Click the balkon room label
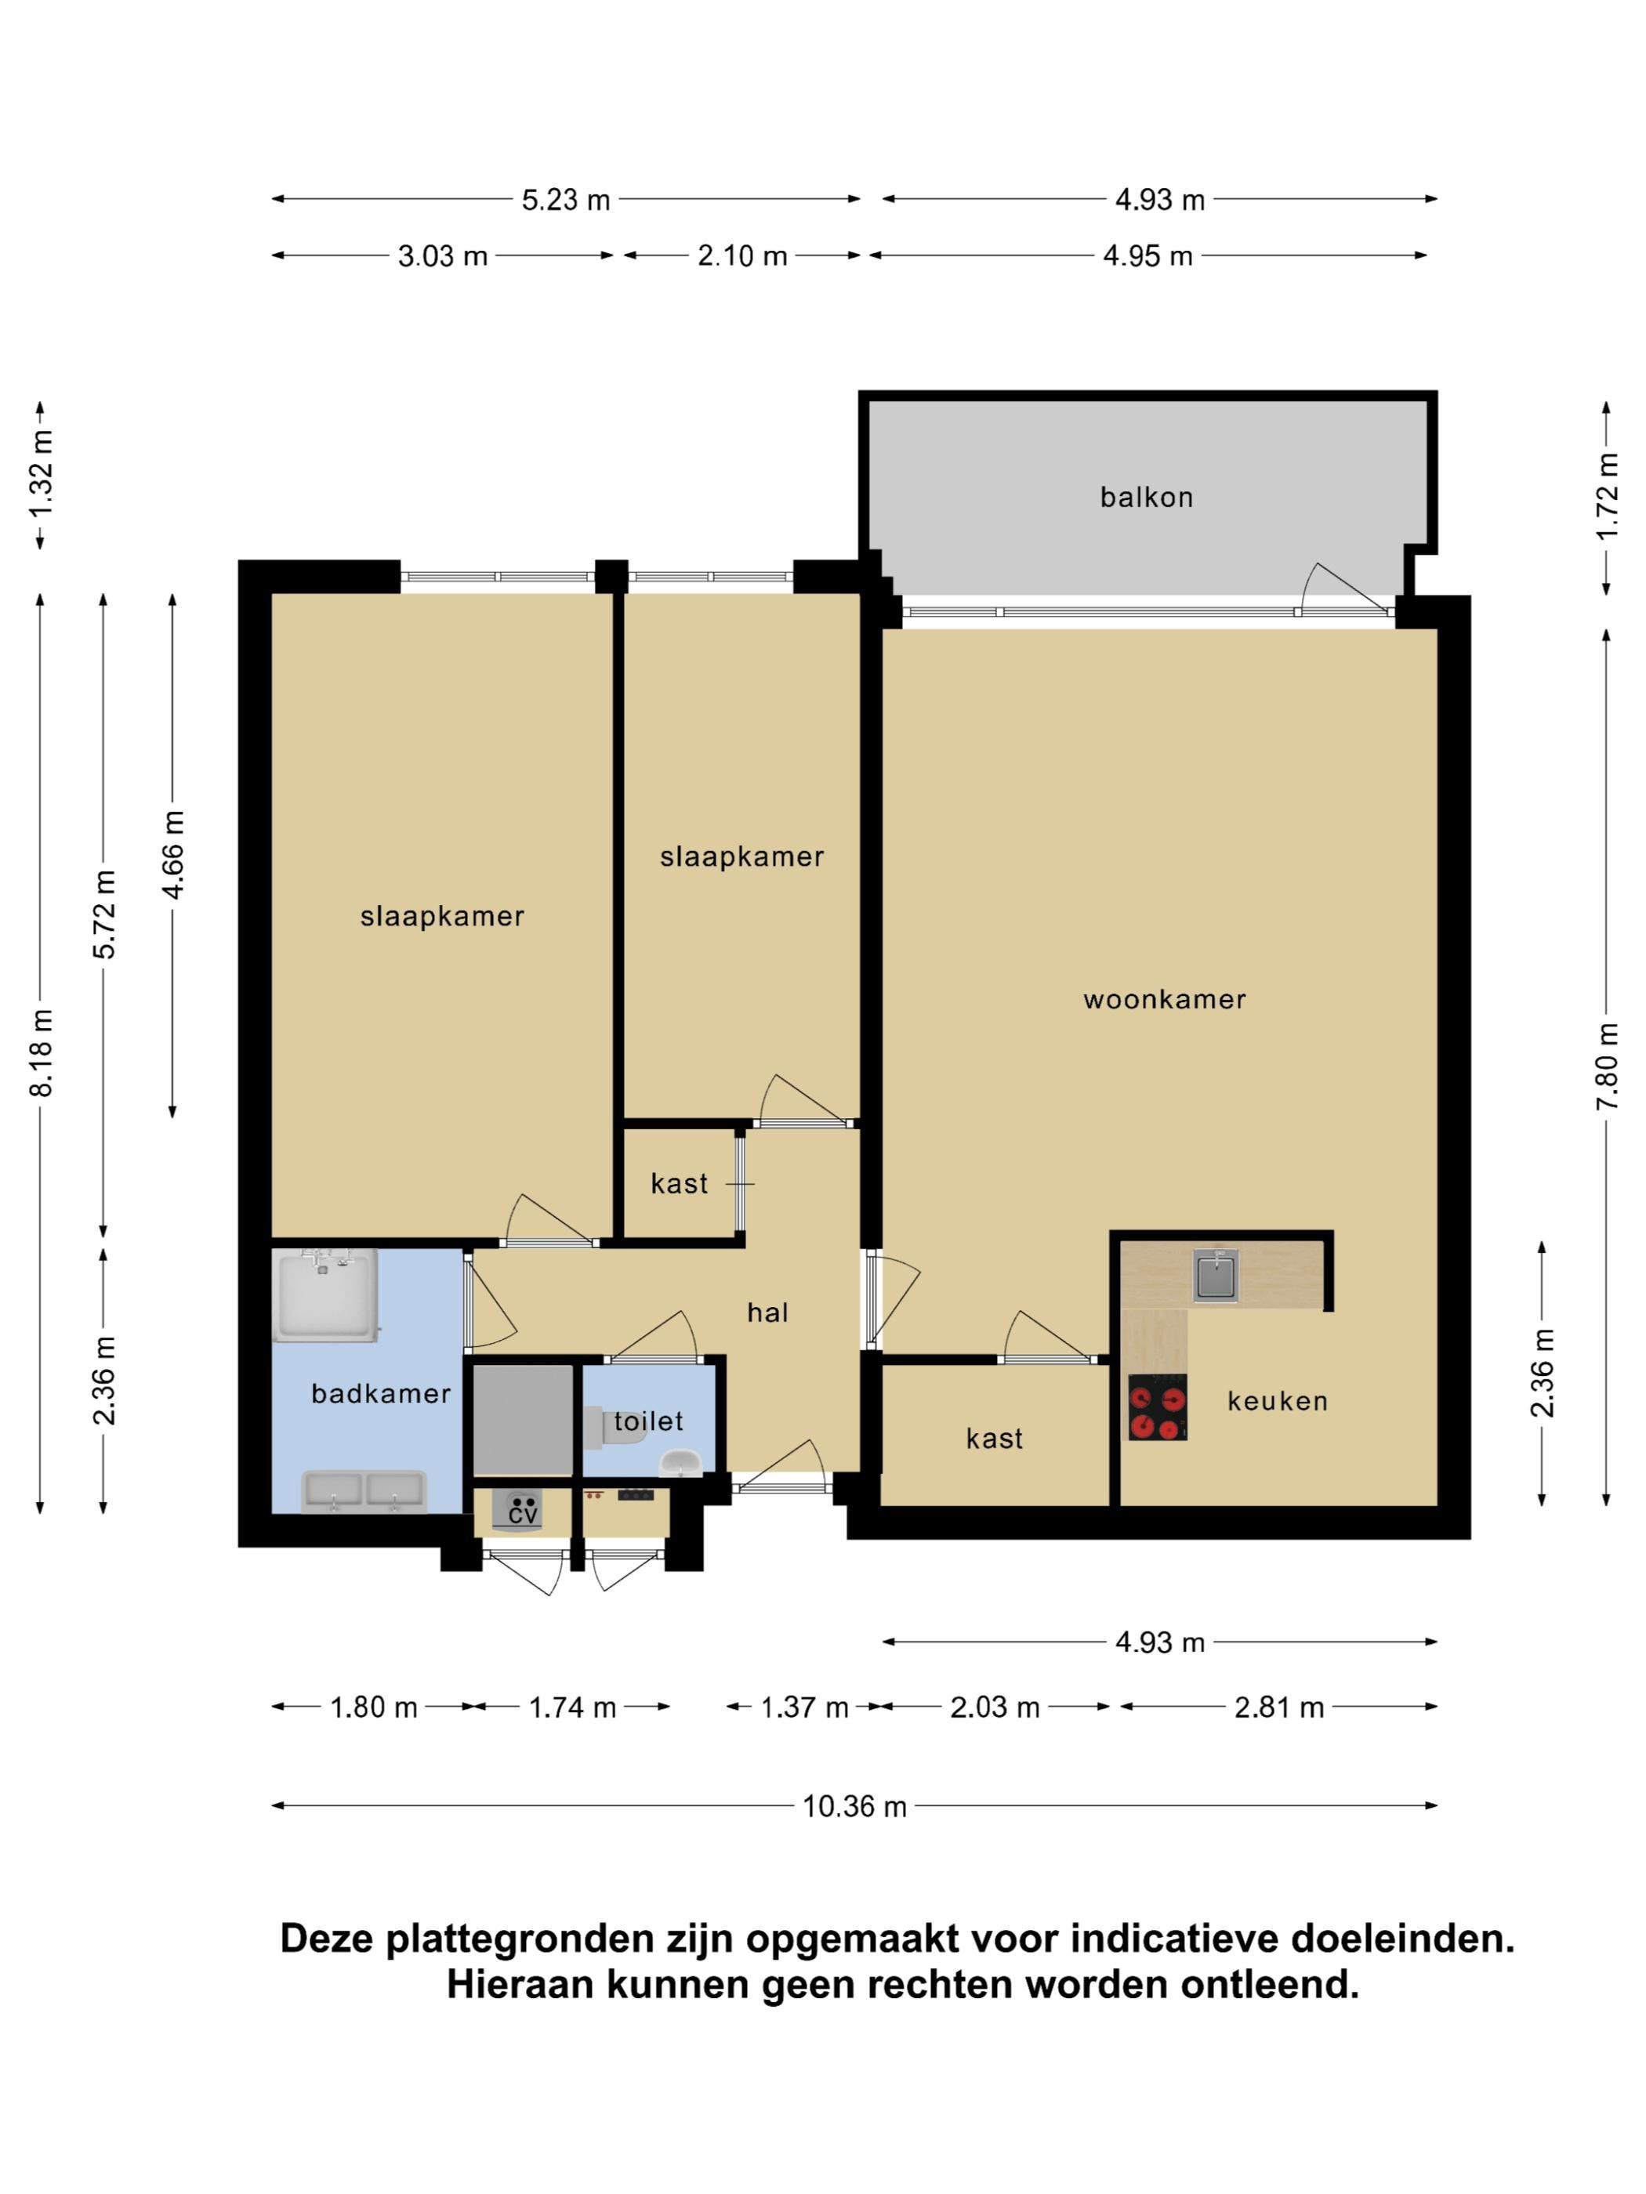(1146, 497)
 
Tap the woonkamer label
(1164, 999)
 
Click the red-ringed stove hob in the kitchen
(1158, 1407)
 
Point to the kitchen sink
(1216, 1275)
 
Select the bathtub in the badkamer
(325, 1295)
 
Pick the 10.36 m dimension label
(854, 1806)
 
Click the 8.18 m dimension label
(42, 1052)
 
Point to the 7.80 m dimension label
(1608, 1066)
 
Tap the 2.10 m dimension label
(742, 256)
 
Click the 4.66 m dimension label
(172, 854)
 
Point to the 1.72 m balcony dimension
(1608, 496)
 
